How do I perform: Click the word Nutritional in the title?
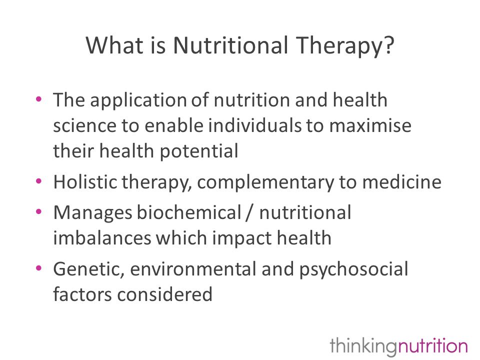(x=230, y=45)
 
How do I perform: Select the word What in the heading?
(x=114, y=45)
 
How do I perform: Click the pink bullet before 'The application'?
(x=38, y=99)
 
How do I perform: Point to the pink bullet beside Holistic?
(x=38, y=181)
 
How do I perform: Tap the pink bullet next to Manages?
(x=38, y=211)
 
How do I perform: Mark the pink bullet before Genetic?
(x=38, y=268)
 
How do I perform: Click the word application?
(x=138, y=101)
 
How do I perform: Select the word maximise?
(x=370, y=125)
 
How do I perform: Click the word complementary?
(x=265, y=183)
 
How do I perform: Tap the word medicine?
(x=402, y=182)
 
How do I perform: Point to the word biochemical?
(x=189, y=212)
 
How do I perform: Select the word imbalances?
(x=102, y=238)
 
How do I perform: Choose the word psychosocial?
(x=353, y=270)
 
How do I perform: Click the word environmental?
(x=193, y=269)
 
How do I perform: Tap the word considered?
(x=164, y=294)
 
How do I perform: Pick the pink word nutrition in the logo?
(x=432, y=346)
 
